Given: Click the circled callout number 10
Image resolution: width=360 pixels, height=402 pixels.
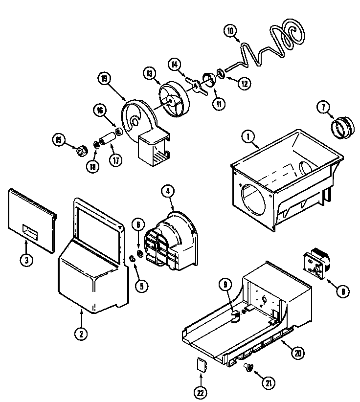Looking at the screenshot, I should coord(230,30).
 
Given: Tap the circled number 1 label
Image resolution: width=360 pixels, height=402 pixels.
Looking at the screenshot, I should coord(250,139).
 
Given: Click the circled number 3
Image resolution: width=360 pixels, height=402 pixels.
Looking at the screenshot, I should coord(27,260).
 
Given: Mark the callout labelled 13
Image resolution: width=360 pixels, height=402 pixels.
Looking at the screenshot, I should coord(150,73).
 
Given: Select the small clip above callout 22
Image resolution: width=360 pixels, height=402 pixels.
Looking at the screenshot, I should coord(202,365).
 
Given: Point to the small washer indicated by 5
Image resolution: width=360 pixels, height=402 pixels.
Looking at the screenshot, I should coord(133,259).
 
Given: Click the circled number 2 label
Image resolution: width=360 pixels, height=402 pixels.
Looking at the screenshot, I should coord(81,335).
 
